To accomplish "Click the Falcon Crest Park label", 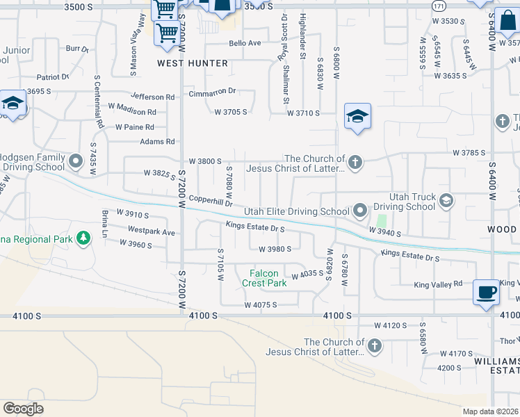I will coord(264,278).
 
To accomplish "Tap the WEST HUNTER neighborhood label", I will coord(192,63).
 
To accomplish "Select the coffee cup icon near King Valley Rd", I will coord(486,291).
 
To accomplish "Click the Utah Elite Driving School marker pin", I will coord(360,210).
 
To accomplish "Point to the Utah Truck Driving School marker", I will coord(446,201).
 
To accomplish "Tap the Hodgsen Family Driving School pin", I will coord(76,163).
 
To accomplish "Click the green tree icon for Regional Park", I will coord(83,238).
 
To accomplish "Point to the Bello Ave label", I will coord(245,43).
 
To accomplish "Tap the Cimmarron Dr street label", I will coord(213,91).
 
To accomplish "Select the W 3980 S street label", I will coord(275,249).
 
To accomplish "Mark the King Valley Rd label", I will coord(438,284).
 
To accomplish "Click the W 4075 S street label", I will coord(260,304).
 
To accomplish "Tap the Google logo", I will coord(24,409).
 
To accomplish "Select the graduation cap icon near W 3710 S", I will coord(357,115).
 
